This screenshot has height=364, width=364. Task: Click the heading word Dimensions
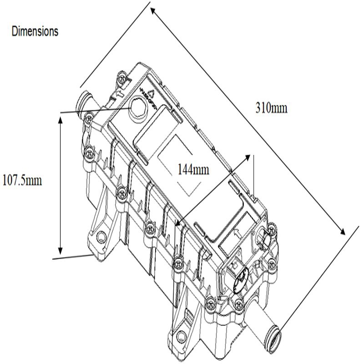(35, 31)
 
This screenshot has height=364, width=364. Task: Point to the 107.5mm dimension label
(22, 180)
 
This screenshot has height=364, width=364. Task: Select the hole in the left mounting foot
(101, 236)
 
